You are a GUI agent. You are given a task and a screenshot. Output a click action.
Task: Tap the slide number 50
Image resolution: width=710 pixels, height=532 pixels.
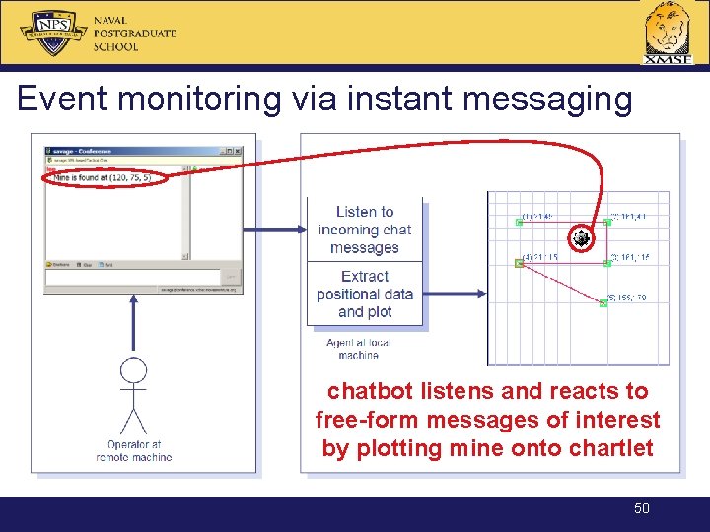coord(642,508)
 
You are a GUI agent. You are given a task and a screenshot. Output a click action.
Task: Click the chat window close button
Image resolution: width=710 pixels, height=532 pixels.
coord(237,151)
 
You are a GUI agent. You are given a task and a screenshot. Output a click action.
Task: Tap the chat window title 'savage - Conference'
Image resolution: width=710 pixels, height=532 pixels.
coord(84,151)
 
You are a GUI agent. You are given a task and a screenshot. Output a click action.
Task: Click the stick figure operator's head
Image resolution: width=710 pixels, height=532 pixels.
coord(133,370)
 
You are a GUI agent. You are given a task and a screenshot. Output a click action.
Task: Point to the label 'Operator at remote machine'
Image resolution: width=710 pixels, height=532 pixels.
coord(133,451)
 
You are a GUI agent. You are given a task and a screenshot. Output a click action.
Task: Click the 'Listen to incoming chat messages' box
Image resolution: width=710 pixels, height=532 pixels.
coord(365,230)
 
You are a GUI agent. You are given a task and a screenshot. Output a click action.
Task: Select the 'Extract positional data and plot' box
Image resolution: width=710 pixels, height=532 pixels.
coord(365,294)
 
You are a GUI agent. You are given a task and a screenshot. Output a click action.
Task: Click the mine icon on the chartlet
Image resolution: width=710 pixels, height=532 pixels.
coord(582,238)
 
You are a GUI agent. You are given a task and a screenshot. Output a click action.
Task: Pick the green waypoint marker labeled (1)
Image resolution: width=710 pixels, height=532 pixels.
coord(520,223)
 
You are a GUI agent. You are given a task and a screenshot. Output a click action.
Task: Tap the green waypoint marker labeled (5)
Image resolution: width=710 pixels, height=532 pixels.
coord(603,303)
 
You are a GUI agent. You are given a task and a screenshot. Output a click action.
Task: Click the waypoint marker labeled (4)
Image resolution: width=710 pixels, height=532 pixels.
coord(520,263)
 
